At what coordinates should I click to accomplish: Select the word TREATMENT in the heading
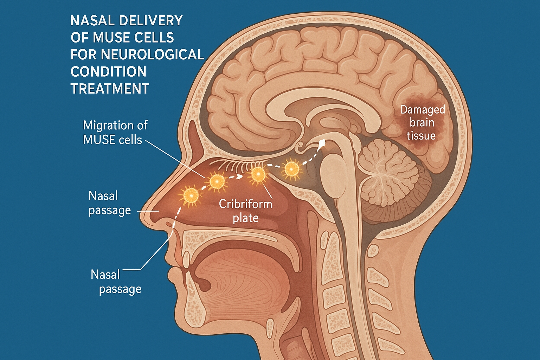(x=110, y=89)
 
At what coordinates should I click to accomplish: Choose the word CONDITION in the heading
(x=108, y=72)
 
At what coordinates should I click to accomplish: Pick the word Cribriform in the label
(x=245, y=204)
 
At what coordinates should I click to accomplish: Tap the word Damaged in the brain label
(x=423, y=110)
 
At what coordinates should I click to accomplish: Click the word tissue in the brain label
(x=421, y=136)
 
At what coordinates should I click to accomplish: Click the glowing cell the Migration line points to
(x=217, y=181)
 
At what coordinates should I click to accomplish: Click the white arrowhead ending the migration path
(x=321, y=142)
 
